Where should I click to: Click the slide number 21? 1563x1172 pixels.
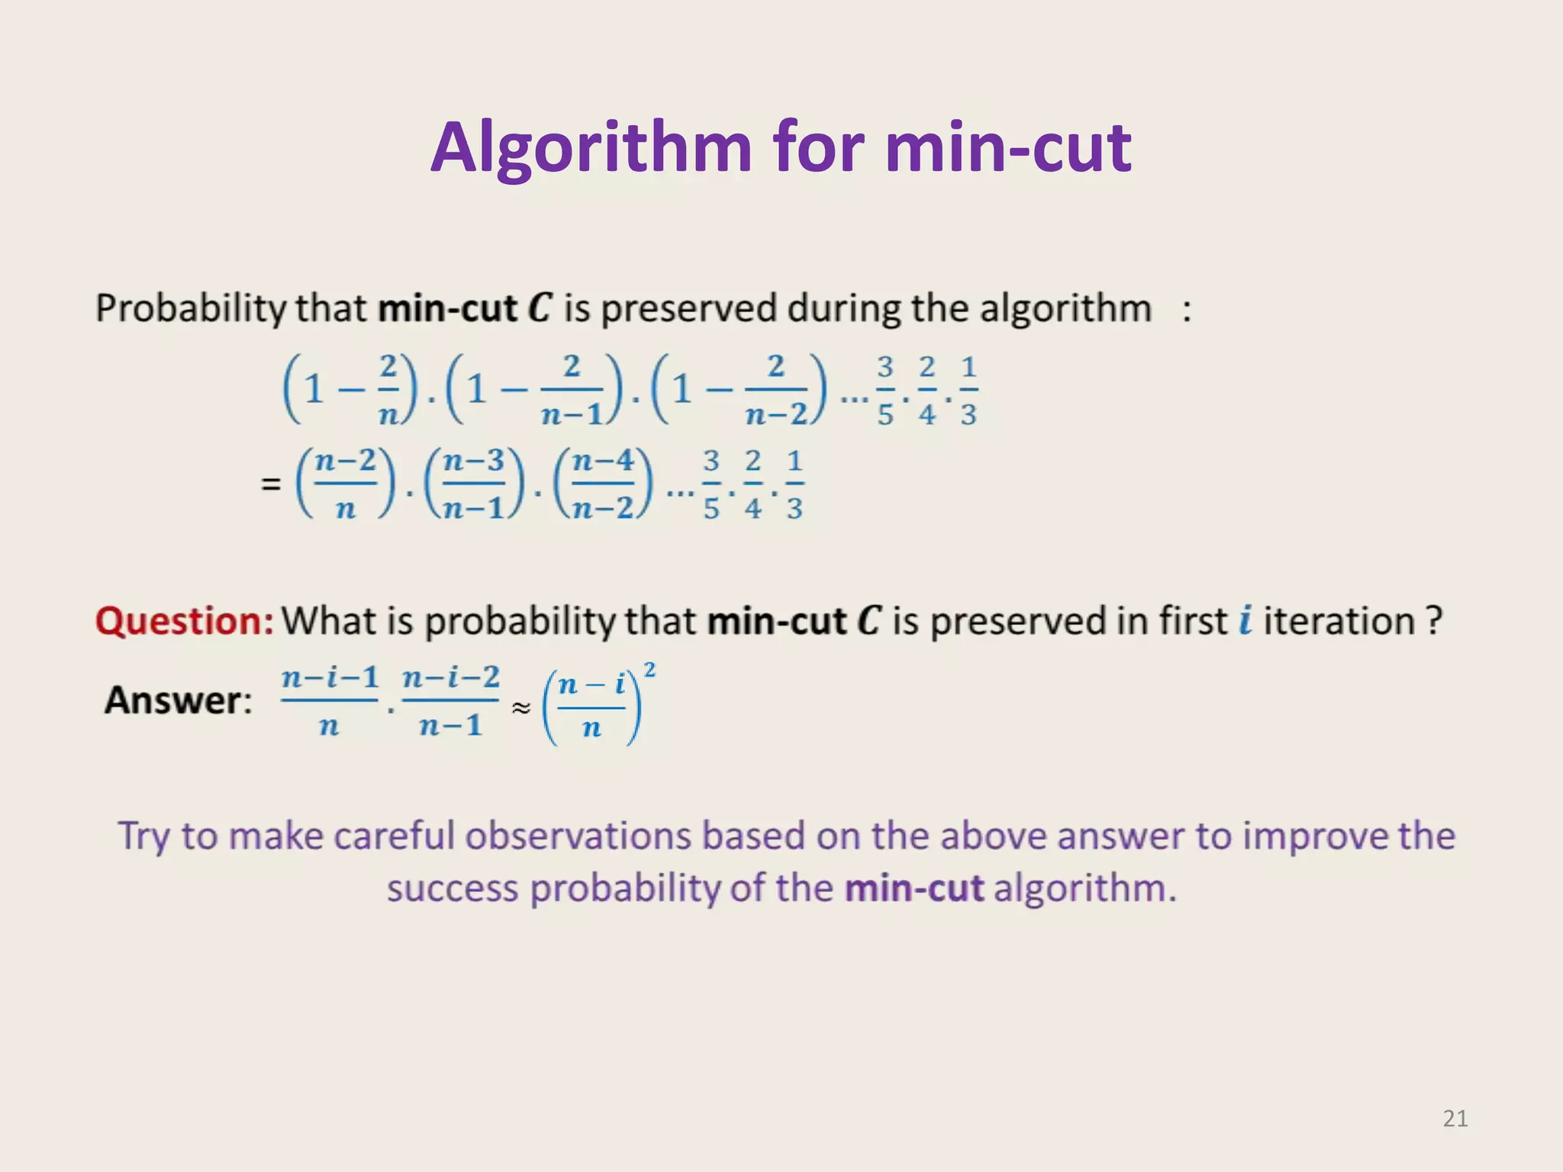pos(1455,1119)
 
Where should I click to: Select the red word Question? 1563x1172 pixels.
pos(183,621)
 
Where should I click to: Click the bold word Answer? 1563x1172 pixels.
pos(177,700)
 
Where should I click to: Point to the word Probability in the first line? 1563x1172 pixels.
pos(190,309)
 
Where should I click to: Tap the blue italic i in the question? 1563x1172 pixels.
pos(1246,620)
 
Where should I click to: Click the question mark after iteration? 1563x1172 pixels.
pos(1434,620)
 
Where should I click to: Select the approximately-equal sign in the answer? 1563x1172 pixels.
pos(520,708)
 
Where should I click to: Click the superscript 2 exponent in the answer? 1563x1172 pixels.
pos(649,670)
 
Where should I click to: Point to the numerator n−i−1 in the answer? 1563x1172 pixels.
pos(330,677)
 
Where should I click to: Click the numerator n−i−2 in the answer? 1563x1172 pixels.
pos(451,677)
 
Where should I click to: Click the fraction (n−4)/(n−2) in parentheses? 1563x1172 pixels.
pos(603,484)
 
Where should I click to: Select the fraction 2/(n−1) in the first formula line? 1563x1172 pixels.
pos(572,390)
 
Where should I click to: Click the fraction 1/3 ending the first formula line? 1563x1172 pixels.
pos(968,390)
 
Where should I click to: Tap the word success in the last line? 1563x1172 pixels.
pos(452,889)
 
